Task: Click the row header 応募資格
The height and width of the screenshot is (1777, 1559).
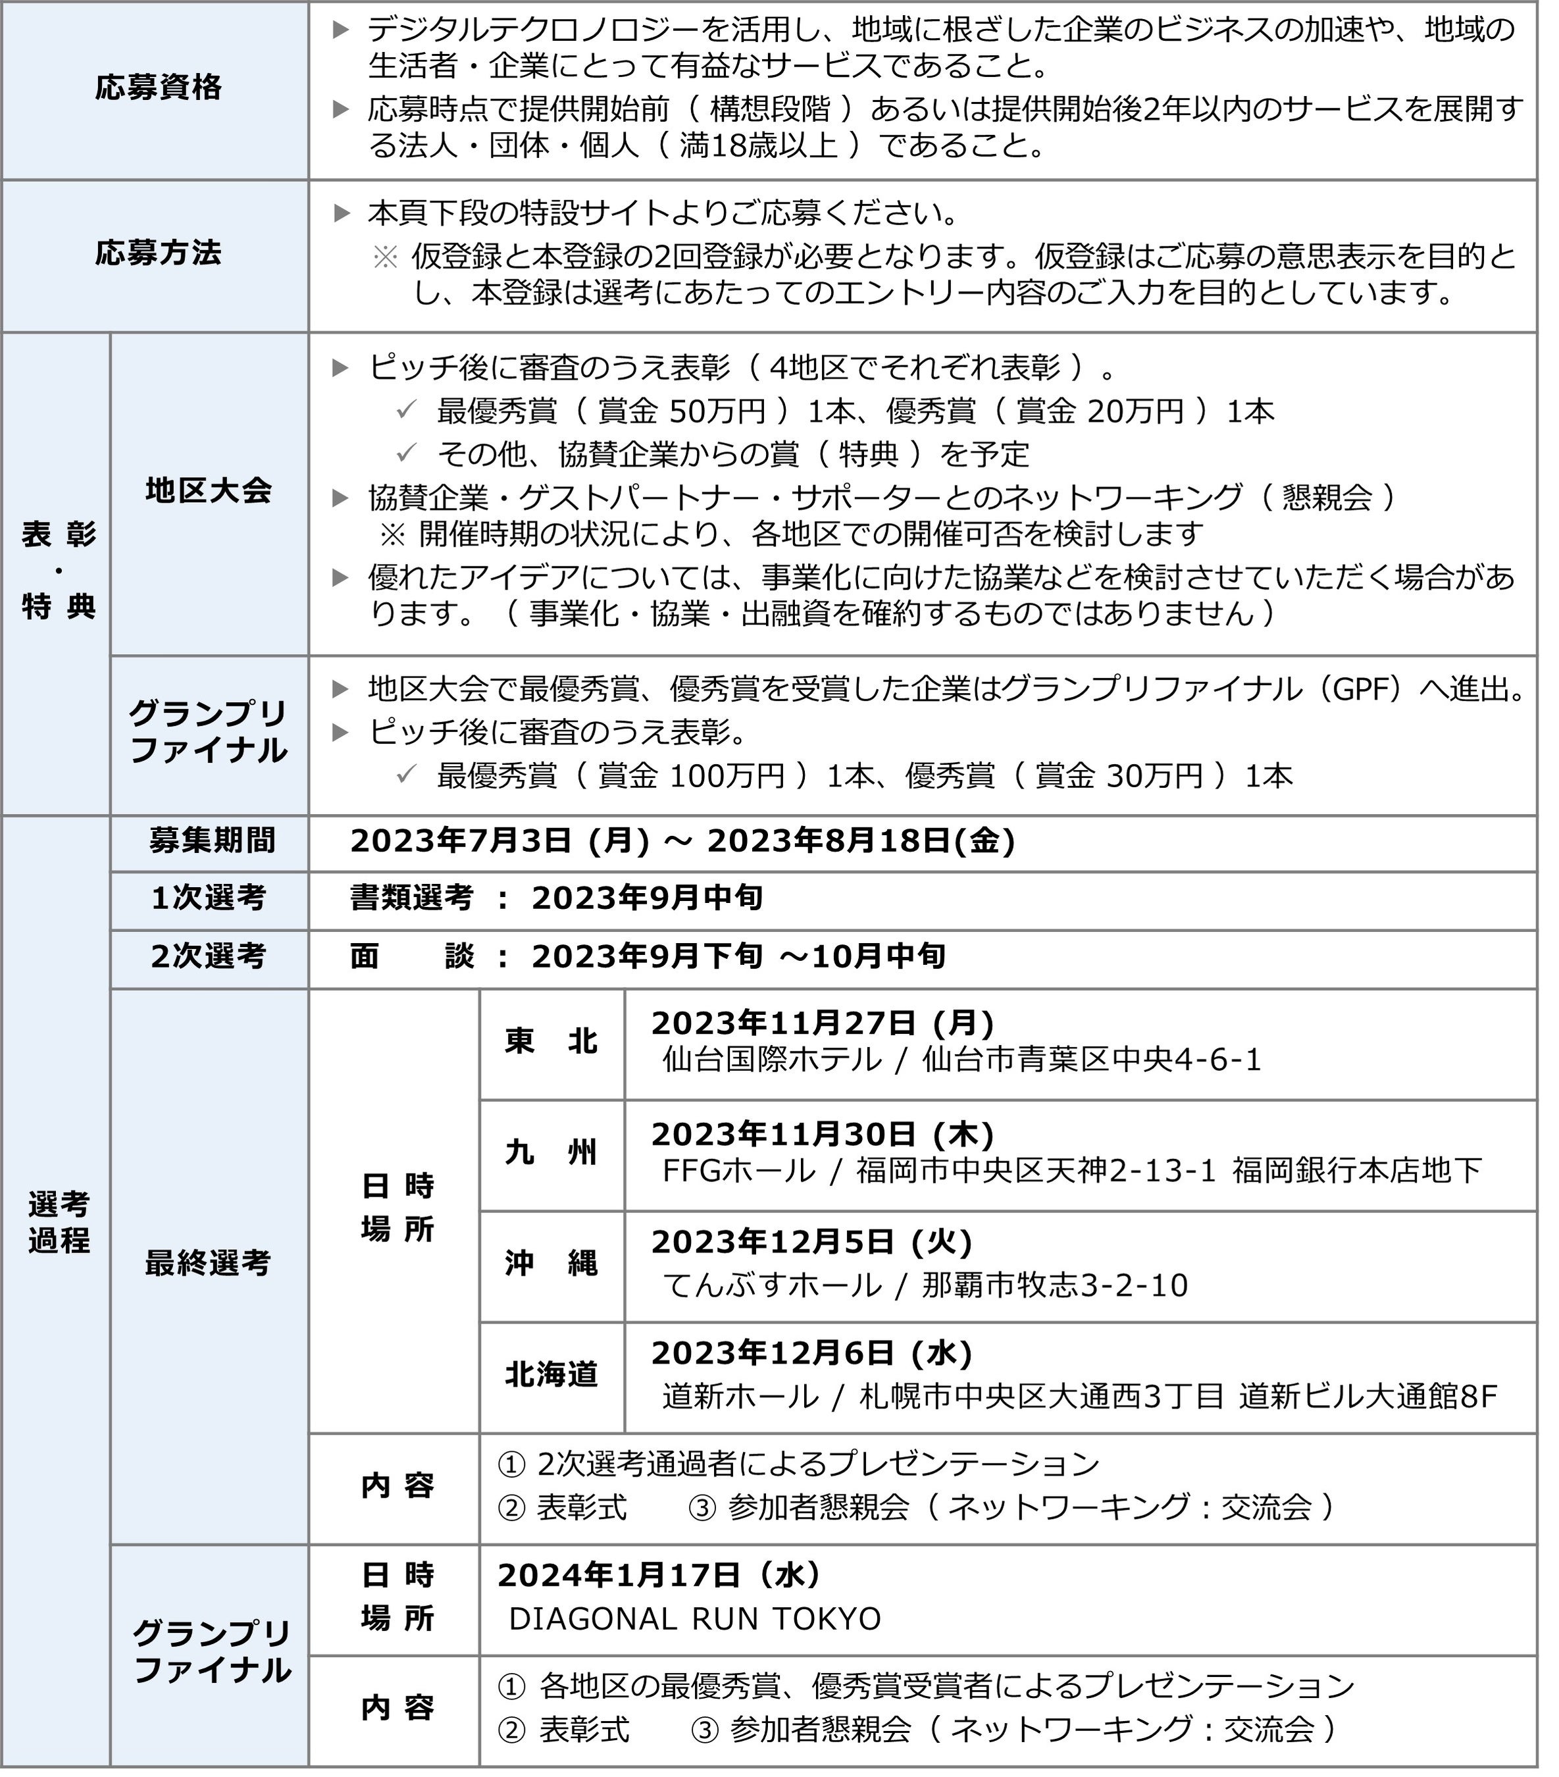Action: [158, 88]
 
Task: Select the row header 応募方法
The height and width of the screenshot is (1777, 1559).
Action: [158, 254]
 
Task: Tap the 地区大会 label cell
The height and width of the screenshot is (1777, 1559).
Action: [209, 491]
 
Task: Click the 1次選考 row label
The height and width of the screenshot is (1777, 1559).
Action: [209, 898]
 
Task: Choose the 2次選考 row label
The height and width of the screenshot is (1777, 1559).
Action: [209, 956]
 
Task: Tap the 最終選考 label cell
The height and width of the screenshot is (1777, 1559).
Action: [209, 1262]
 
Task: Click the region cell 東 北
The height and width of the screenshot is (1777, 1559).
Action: [551, 1041]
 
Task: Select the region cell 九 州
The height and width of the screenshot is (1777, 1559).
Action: [551, 1153]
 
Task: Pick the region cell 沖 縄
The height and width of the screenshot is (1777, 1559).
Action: [551, 1263]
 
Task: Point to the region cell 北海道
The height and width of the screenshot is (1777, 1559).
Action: [551, 1374]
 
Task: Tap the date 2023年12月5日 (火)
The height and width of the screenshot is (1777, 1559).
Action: [811, 1243]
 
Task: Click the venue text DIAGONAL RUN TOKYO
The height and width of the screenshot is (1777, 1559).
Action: [695, 1619]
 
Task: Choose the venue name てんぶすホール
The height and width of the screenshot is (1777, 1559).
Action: [771, 1285]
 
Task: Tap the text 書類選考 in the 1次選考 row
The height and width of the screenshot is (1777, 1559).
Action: [411, 898]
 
